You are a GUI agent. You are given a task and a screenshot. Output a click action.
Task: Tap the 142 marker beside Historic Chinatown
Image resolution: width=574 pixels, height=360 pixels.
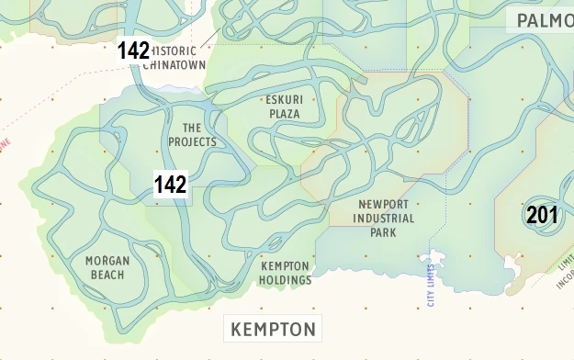click(x=133, y=51)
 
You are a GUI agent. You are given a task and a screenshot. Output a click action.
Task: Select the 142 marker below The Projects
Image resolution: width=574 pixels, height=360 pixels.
click(x=170, y=185)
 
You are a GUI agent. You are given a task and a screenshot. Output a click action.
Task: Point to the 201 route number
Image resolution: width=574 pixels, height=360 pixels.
click(x=542, y=216)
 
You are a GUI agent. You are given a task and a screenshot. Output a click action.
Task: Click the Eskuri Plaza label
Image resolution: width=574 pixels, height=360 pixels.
click(x=284, y=106)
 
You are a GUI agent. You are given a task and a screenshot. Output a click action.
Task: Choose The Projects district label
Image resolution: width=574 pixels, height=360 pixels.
click(x=192, y=135)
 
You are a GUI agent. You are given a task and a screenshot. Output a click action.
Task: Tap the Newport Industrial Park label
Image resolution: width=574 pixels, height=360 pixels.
click(x=384, y=219)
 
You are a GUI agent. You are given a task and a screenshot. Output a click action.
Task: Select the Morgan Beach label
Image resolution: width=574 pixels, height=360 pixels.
click(x=107, y=267)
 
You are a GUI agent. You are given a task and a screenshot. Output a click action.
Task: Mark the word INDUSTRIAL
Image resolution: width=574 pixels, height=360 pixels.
click(x=384, y=219)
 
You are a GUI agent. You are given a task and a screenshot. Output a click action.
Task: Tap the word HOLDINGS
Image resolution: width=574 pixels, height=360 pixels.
click(x=285, y=280)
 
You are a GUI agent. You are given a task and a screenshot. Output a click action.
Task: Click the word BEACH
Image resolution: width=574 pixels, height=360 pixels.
click(x=107, y=275)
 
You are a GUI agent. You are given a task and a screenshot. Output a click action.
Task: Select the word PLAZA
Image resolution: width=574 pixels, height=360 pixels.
click(x=284, y=113)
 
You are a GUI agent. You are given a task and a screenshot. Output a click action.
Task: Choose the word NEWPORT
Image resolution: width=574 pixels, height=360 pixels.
click(x=384, y=205)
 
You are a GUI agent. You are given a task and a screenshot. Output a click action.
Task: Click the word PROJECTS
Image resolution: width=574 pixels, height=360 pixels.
click(x=193, y=142)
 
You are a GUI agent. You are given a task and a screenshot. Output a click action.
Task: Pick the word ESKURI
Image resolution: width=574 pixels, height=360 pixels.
click(x=284, y=99)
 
